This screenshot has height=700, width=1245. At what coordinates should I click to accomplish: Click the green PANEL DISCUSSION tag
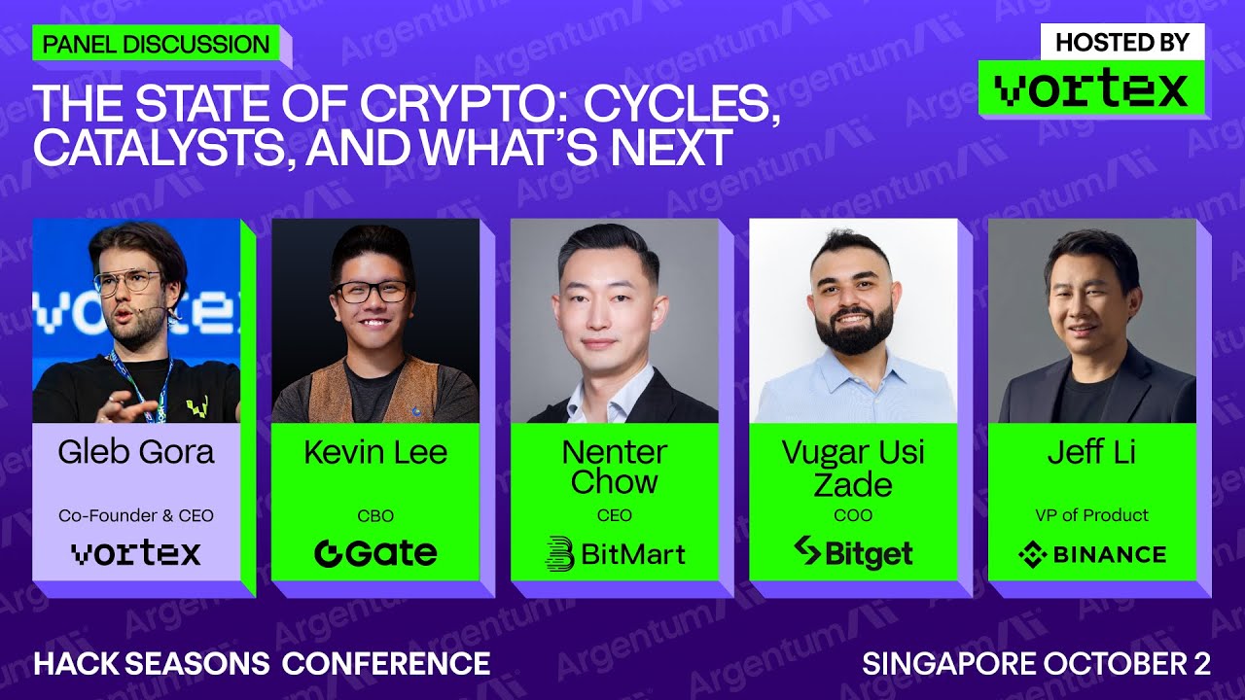(x=156, y=44)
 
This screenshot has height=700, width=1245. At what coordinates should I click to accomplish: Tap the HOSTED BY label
(x=1121, y=42)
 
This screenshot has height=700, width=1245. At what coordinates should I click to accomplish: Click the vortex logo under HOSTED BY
(x=1091, y=89)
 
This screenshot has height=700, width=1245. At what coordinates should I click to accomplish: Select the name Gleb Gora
(x=135, y=452)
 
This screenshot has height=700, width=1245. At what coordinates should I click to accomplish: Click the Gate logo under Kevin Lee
(x=375, y=553)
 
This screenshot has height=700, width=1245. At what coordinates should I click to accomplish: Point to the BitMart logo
(x=615, y=553)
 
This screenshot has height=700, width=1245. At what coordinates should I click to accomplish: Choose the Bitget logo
(x=853, y=553)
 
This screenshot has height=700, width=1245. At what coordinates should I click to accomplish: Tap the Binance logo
(x=1091, y=554)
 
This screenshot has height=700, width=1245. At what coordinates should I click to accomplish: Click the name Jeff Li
(x=1091, y=452)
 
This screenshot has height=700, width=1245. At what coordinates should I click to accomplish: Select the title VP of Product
(x=1091, y=515)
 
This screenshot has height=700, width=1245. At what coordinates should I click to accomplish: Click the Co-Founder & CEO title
(x=135, y=515)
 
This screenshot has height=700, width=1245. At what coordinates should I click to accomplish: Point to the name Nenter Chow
(x=615, y=467)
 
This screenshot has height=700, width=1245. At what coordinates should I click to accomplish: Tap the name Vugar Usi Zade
(x=853, y=467)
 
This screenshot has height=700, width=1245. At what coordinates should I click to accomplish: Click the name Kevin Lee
(x=375, y=452)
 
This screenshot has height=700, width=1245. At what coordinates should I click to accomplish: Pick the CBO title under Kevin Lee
(x=375, y=515)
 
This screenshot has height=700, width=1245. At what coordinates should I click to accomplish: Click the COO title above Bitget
(x=853, y=515)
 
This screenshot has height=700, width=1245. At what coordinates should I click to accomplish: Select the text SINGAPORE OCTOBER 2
(x=1036, y=663)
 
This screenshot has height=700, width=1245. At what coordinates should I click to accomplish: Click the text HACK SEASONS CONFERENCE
(x=262, y=663)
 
